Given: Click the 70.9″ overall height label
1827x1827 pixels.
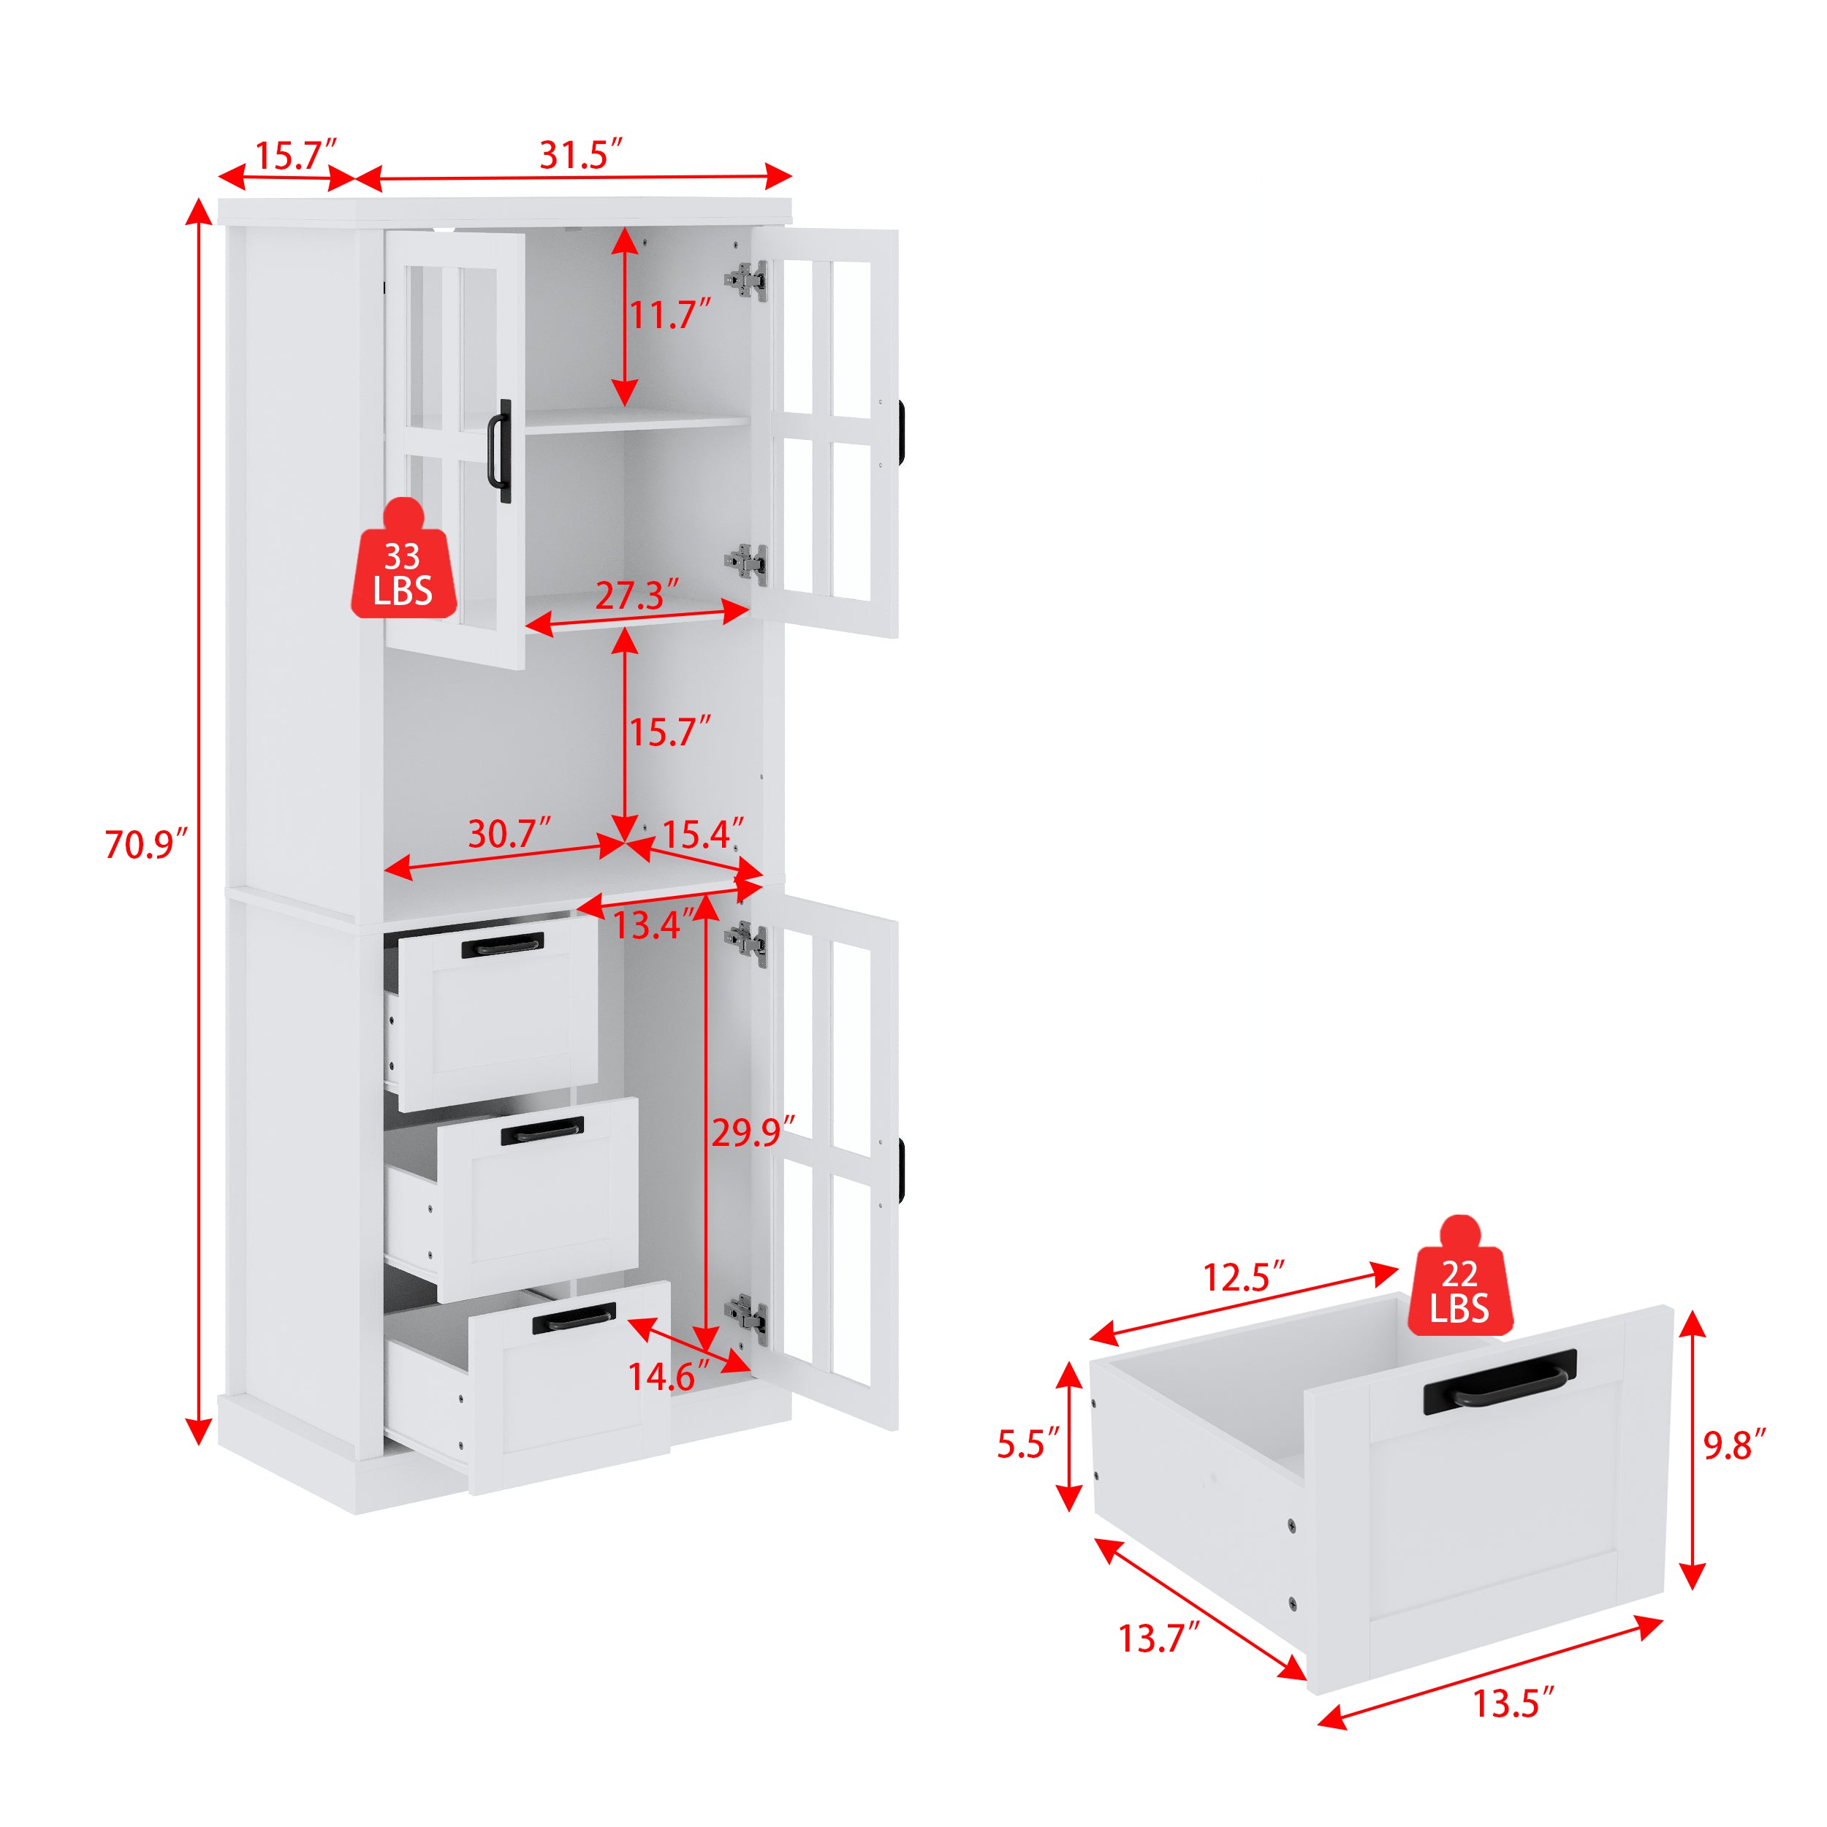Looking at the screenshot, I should tap(145, 845).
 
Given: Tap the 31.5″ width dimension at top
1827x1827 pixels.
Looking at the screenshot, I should tap(580, 155).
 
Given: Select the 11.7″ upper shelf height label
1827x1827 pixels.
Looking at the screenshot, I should tap(669, 315).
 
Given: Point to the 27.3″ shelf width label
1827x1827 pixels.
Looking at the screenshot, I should tap(636, 596).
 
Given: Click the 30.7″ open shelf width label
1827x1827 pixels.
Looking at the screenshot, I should tap(508, 834).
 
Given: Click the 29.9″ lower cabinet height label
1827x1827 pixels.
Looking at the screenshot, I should tap(752, 1132).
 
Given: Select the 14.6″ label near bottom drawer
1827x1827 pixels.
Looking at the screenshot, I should tap(668, 1376).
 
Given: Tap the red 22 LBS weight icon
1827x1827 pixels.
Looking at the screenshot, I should tap(1459, 1283).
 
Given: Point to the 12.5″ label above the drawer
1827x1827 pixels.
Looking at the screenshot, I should tap(1242, 1277).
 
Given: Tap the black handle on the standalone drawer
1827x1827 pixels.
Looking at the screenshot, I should tap(1500, 1383).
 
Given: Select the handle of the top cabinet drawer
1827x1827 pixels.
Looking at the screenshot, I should tap(502, 946).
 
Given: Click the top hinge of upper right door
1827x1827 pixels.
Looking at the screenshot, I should tap(746, 280).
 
